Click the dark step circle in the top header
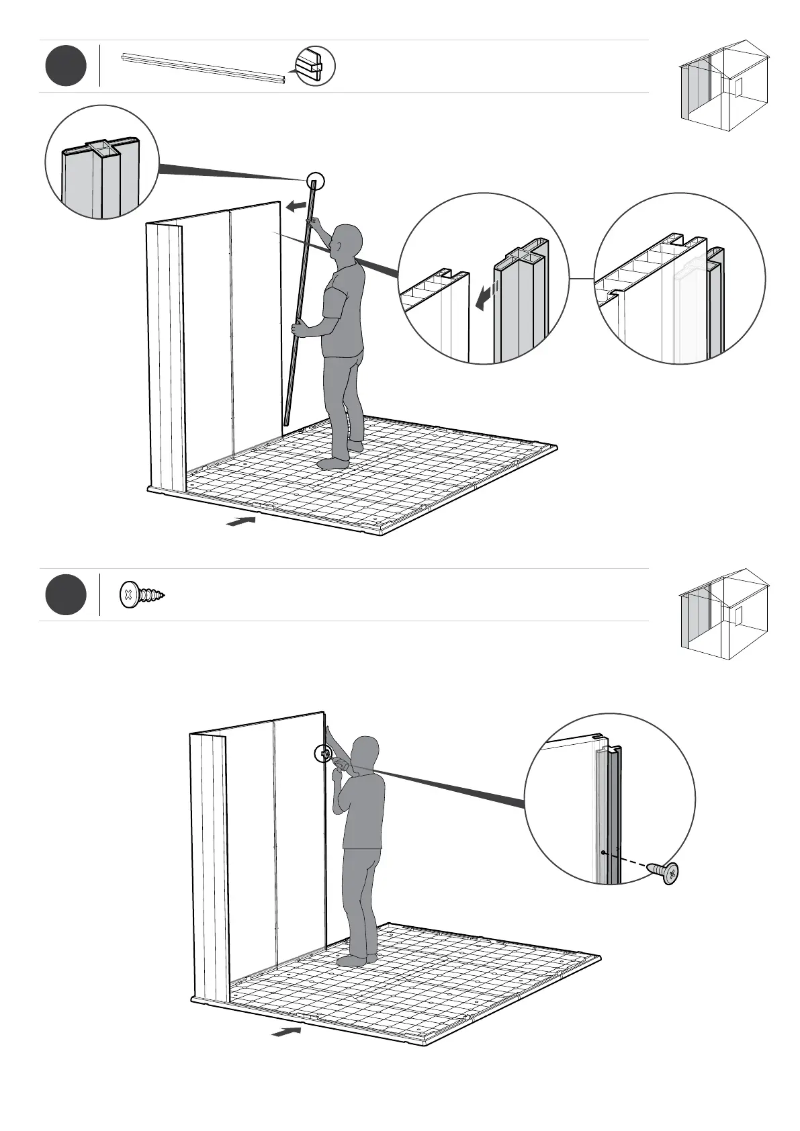tap(66, 66)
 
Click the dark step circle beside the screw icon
tap(66, 595)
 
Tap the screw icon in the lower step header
tap(142, 595)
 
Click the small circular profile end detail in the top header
tap(315, 66)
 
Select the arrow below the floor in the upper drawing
tap(241, 521)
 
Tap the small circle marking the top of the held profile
tap(315, 181)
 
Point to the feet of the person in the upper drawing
tap(340, 457)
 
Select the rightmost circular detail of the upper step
tap(680, 279)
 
